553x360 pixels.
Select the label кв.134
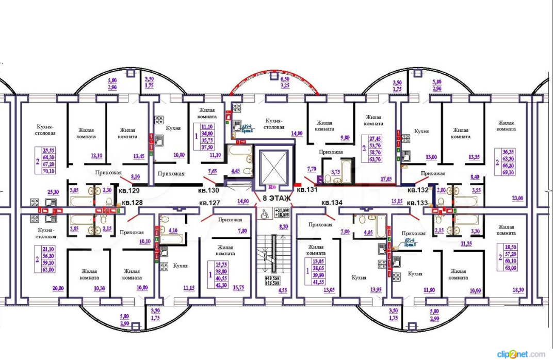pos(332,202)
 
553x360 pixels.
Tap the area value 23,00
pos(517,198)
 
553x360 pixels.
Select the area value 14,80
pos(297,134)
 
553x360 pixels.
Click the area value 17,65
pos(386,179)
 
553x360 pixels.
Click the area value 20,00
pos(58,288)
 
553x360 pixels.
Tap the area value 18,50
pos(518,290)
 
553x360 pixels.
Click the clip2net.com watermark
pos(521,354)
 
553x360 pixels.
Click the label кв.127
pos(212,203)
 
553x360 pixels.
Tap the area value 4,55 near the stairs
pos(283,290)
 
